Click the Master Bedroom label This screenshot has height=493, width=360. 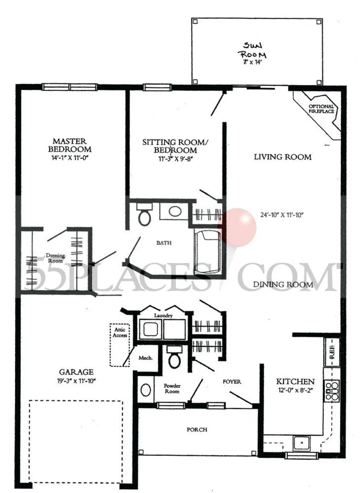[69, 145]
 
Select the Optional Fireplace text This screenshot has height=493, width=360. [321, 109]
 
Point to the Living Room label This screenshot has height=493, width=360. [283, 157]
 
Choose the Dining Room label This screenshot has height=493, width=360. [283, 285]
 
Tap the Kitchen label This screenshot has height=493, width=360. [295, 382]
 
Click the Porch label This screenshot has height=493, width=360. [197, 429]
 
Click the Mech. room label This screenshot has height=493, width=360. [145, 359]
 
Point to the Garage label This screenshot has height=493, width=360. [76, 372]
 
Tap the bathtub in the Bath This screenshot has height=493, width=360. [207, 251]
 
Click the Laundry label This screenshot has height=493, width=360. [163, 316]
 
